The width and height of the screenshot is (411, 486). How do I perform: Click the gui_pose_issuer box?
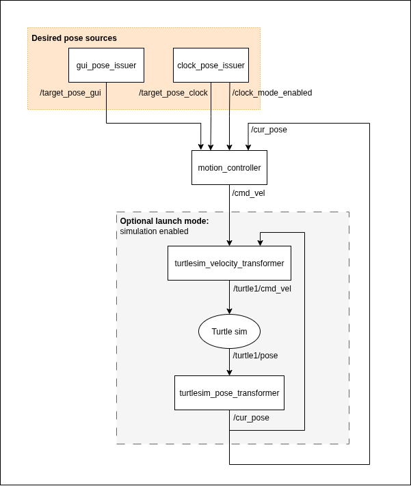tap(106, 66)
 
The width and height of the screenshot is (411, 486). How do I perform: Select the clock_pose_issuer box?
tap(211, 66)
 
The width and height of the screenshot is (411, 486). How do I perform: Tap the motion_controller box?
tap(229, 167)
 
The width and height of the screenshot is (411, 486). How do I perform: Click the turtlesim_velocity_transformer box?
tap(229, 263)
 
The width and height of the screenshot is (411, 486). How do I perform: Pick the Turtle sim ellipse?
tap(229, 332)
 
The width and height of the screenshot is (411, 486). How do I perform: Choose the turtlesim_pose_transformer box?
tap(229, 393)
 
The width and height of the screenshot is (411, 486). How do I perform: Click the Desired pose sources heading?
tap(74, 38)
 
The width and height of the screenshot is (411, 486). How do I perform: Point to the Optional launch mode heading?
tap(164, 221)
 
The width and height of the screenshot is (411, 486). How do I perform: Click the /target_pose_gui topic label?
tap(70, 93)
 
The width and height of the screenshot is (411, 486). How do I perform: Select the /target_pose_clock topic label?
tap(173, 93)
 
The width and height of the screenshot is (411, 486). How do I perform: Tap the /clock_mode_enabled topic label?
tap(272, 93)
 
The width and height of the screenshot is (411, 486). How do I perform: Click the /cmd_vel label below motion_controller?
tap(249, 193)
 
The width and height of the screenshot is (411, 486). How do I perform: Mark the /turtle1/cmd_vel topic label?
tap(262, 289)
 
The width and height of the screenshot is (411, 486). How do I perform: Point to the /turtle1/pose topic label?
tap(255, 356)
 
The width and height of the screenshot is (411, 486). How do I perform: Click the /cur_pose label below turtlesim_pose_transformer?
tap(251, 418)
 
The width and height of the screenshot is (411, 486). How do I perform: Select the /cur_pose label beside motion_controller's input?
tap(269, 130)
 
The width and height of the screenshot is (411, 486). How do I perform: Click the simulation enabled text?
tap(154, 231)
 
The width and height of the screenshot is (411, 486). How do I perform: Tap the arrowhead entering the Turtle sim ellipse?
tap(229, 311)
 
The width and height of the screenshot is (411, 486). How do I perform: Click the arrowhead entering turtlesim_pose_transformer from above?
tap(229, 372)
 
